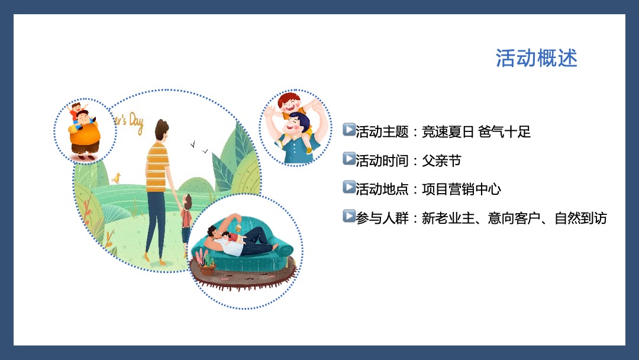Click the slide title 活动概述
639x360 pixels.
tap(536, 59)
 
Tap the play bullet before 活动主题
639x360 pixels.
tap(348, 130)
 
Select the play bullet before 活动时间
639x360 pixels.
tap(348, 159)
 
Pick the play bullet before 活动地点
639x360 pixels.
tap(348, 188)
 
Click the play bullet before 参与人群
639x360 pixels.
tap(348, 217)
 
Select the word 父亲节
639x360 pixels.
tap(441, 160)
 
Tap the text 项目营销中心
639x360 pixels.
tap(461, 189)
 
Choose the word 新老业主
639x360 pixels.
tap(448, 218)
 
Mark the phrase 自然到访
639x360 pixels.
tap(580, 218)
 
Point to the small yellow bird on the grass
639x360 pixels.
tap(117, 178)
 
